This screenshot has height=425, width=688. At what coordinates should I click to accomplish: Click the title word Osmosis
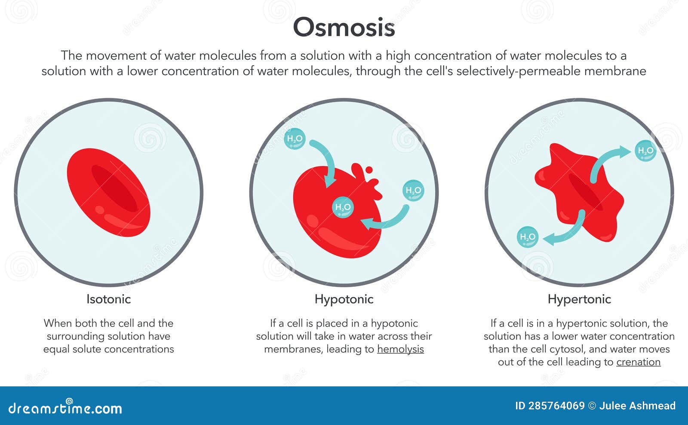[344, 27]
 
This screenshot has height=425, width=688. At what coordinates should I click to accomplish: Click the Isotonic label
[108, 299]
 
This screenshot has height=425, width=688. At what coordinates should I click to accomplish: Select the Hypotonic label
[344, 299]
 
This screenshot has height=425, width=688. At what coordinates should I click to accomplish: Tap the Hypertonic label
[579, 299]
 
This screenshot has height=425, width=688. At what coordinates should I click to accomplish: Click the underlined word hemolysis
[400, 349]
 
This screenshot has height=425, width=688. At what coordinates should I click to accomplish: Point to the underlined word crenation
[638, 362]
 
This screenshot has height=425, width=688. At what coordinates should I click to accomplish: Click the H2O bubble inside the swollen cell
[343, 207]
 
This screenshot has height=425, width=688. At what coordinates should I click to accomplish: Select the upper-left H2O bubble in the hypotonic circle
[295, 139]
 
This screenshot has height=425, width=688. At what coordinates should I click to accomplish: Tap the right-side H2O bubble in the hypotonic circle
[413, 191]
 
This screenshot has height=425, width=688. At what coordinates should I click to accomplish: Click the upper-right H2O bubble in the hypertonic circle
[645, 151]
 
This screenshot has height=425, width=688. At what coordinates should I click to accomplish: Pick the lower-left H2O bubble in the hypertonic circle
[527, 237]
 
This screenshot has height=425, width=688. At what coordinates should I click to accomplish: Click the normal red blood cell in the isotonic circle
[108, 192]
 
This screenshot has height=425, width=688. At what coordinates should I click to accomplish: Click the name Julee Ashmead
[637, 406]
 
